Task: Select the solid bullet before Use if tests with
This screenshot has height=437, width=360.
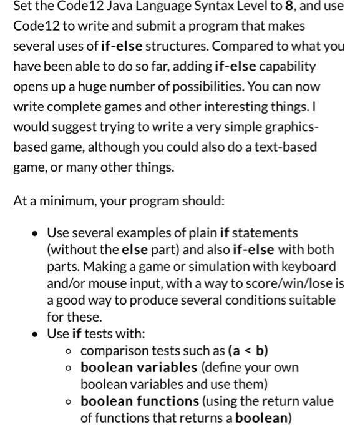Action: pyautogui.click(x=36, y=334)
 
